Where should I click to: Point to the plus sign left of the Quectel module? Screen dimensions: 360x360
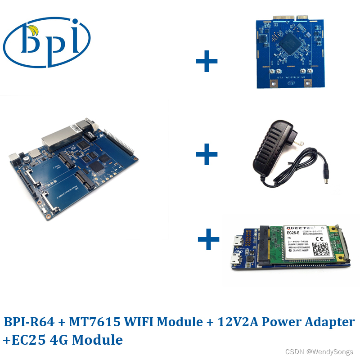click(209, 239)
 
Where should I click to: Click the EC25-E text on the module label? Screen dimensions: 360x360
click(294, 233)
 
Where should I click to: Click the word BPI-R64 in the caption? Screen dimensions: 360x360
click(29, 322)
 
